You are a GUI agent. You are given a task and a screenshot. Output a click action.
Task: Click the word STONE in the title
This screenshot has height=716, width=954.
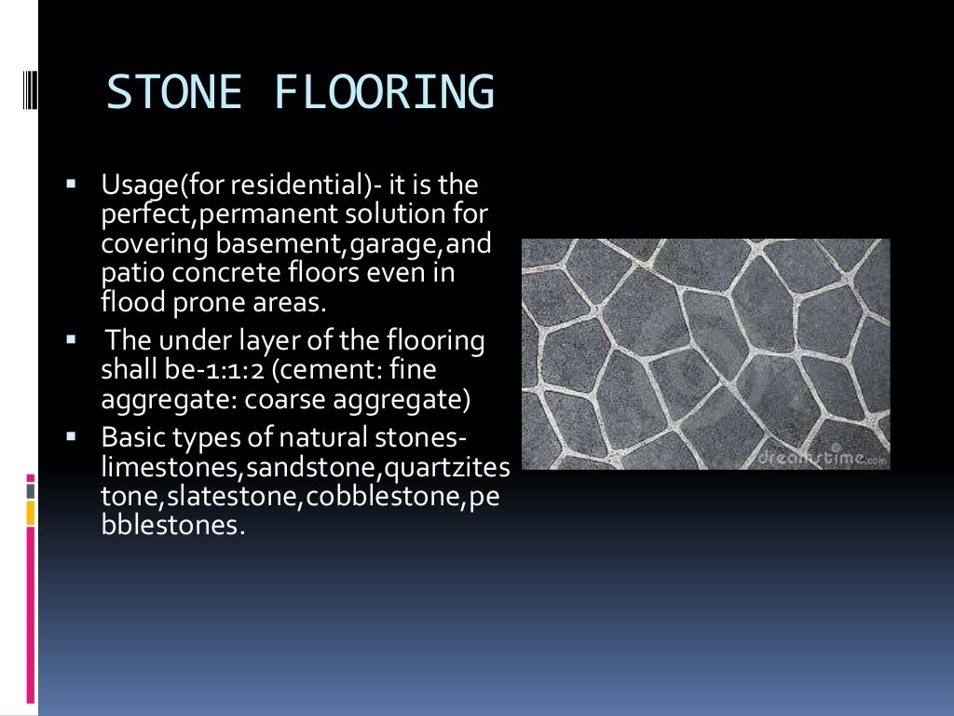point(174,93)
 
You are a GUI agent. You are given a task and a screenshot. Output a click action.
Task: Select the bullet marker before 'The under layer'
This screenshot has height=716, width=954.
point(71,338)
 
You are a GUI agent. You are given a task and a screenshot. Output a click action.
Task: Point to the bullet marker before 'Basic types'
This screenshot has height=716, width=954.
point(71,434)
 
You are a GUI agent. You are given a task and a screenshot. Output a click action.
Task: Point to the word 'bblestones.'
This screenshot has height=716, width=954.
point(173,525)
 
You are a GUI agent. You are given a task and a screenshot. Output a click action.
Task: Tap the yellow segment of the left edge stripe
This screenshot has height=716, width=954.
point(31,512)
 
